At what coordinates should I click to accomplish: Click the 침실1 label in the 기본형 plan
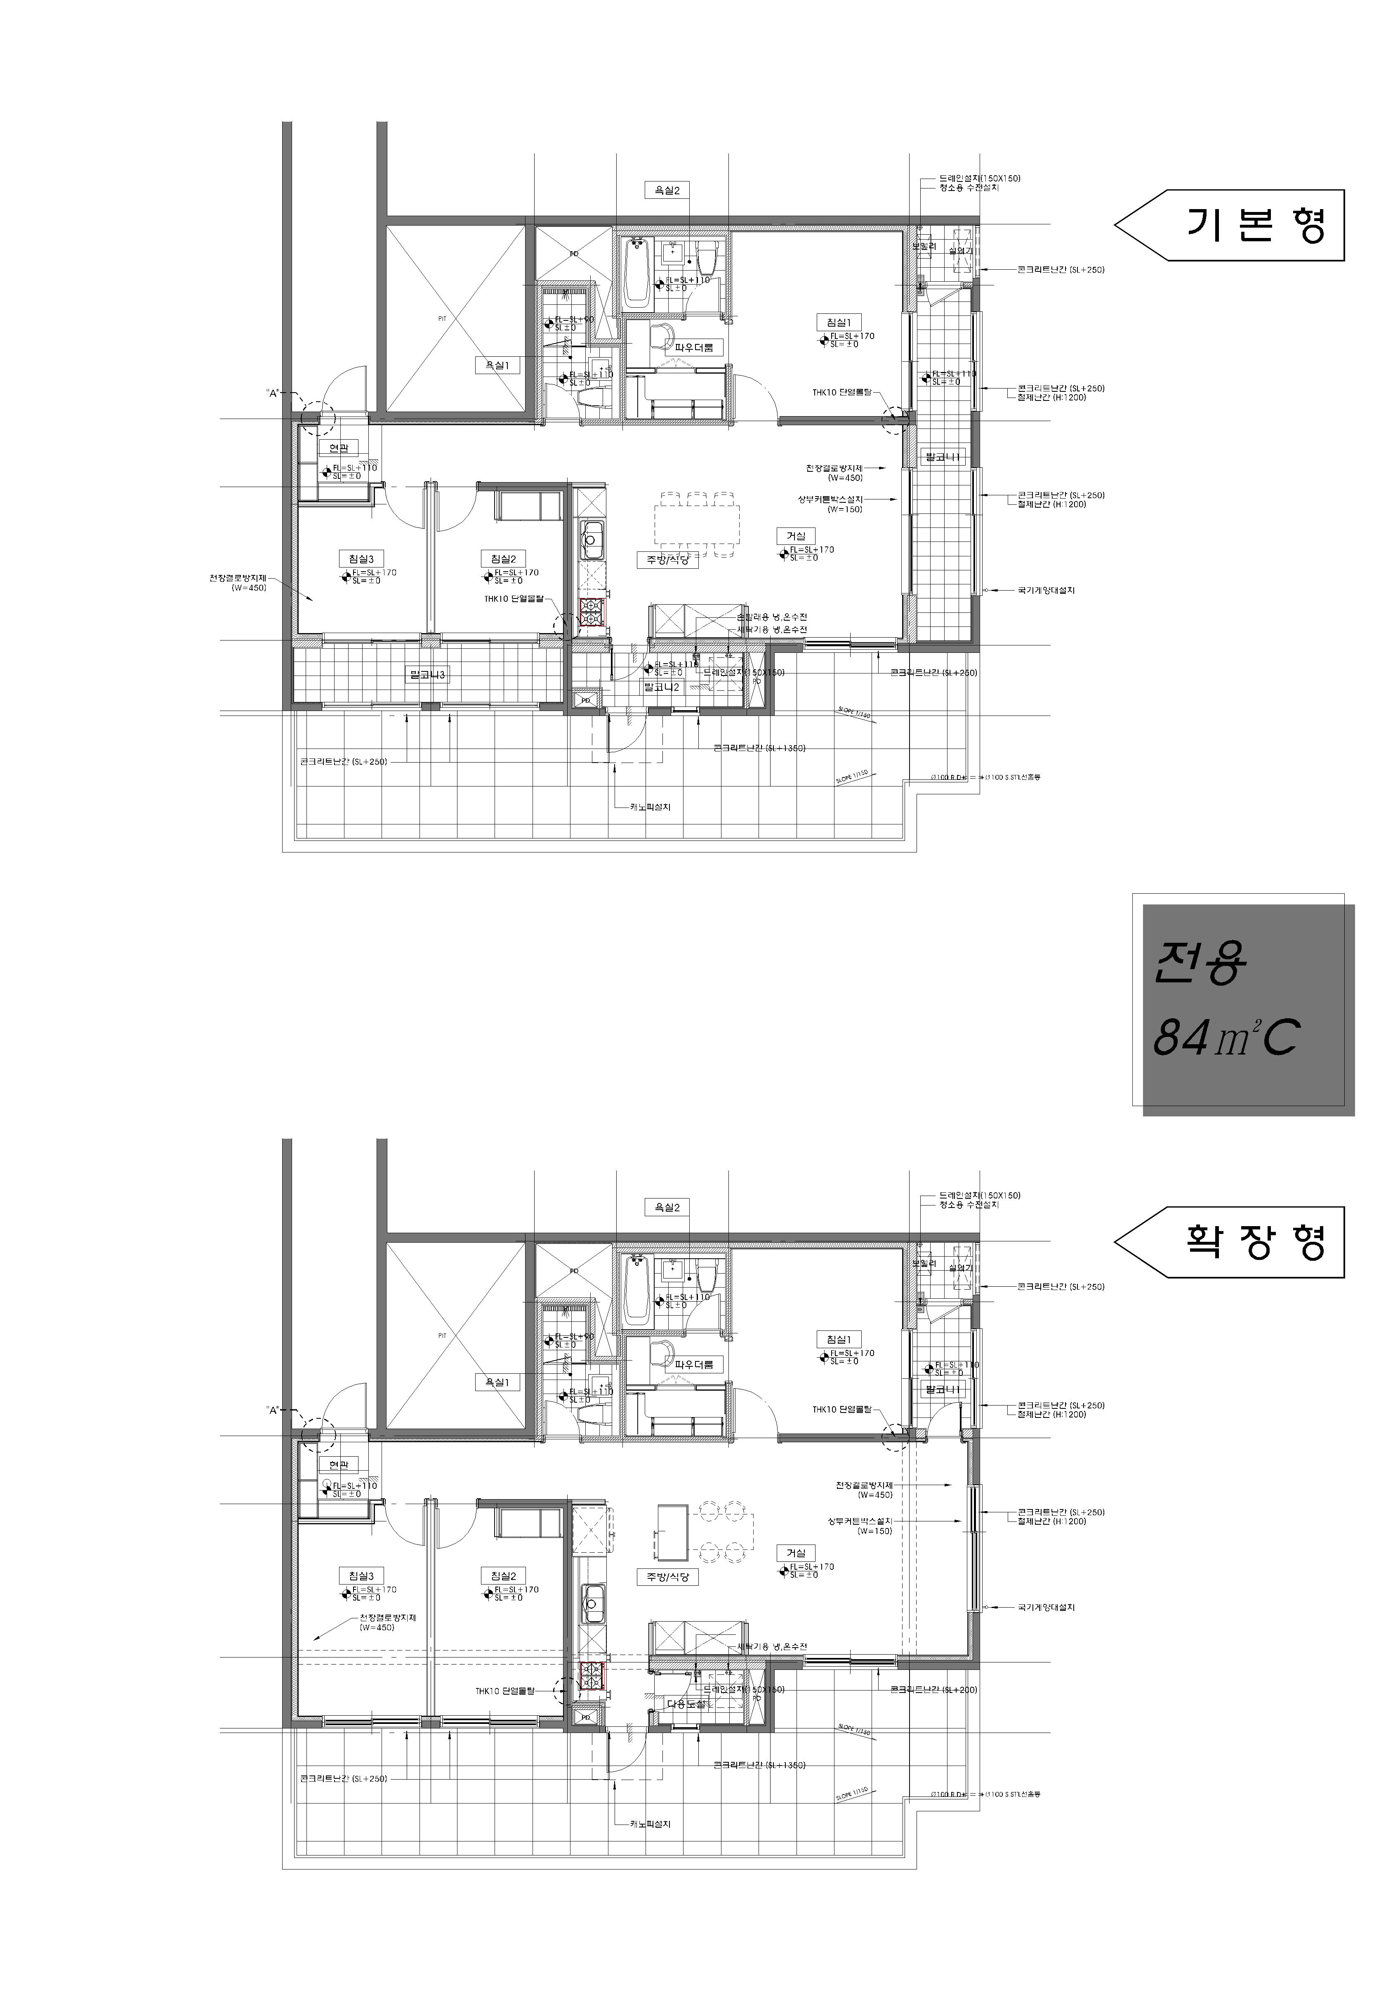point(837,322)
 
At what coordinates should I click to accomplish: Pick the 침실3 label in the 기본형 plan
point(361,559)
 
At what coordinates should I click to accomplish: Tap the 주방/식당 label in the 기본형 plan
point(667,560)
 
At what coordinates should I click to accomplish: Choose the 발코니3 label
point(427,675)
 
